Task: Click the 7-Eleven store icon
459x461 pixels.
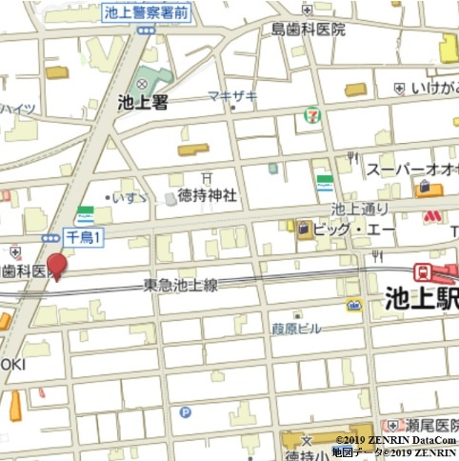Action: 311,114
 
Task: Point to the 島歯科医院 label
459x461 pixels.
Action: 308,30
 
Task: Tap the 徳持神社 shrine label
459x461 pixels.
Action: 207,194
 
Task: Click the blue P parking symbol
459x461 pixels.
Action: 185,412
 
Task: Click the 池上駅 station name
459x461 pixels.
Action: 420,298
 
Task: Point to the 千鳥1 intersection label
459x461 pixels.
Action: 83,235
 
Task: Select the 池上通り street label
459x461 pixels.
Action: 360,209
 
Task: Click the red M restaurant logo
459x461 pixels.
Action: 431,218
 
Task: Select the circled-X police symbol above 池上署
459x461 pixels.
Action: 144,85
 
